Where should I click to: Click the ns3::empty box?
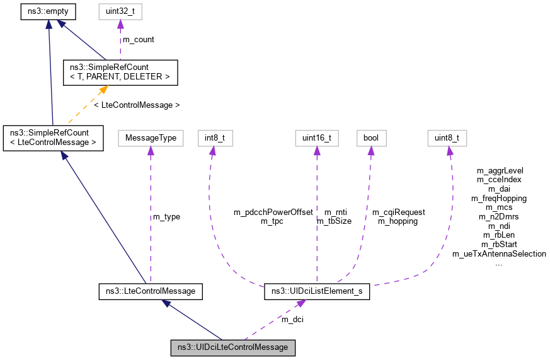coord(48,10)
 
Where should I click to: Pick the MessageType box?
coord(151,137)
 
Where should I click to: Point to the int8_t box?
coord(210,137)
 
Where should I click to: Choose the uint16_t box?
coord(317,137)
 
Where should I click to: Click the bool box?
coord(370,137)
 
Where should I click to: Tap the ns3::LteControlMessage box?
coord(151,291)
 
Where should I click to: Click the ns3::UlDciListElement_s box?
coord(317,291)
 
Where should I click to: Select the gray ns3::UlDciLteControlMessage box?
coord(232,347)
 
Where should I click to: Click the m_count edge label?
coord(138,39)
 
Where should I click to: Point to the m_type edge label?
coord(166,216)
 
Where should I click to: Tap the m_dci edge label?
coord(293,320)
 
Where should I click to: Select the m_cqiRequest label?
coord(398,212)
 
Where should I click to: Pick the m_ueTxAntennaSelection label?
coord(499,253)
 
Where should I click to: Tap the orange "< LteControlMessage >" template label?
coord(137,105)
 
